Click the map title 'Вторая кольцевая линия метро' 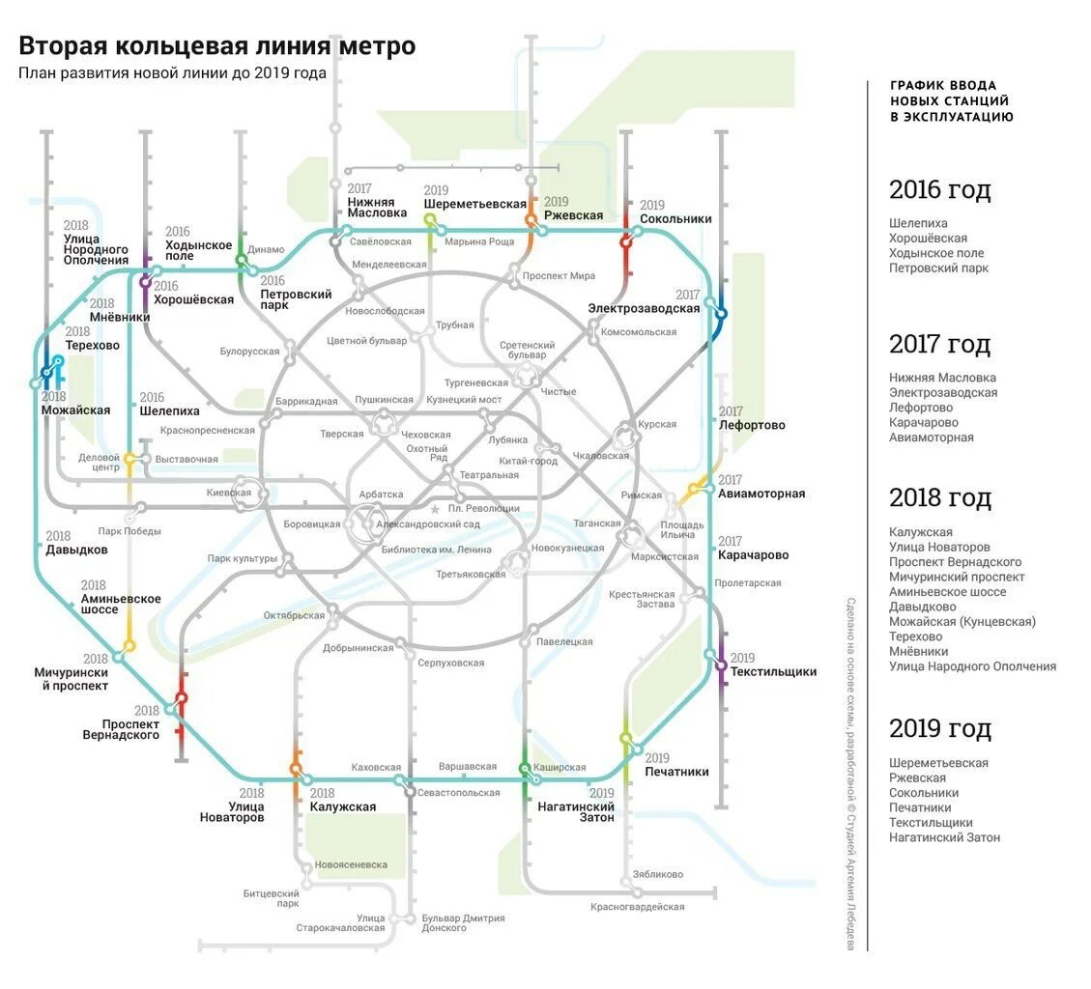(x=217, y=45)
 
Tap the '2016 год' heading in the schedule (x=939, y=189)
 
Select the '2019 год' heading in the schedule (x=939, y=728)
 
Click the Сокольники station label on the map (x=675, y=219)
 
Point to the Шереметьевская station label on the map (x=474, y=204)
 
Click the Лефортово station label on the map (x=752, y=425)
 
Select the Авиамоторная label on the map (x=761, y=494)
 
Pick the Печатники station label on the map (x=676, y=772)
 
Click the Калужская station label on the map (x=342, y=806)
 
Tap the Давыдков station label (x=76, y=550)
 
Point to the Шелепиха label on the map (x=169, y=410)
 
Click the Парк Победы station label (x=129, y=531)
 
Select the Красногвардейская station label (x=637, y=907)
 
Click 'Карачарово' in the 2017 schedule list (x=923, y=422)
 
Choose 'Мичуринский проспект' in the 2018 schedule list (x=957, y=577)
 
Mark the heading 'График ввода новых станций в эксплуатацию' (x=951, y=100)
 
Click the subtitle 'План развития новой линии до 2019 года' (x=172, y=74)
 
